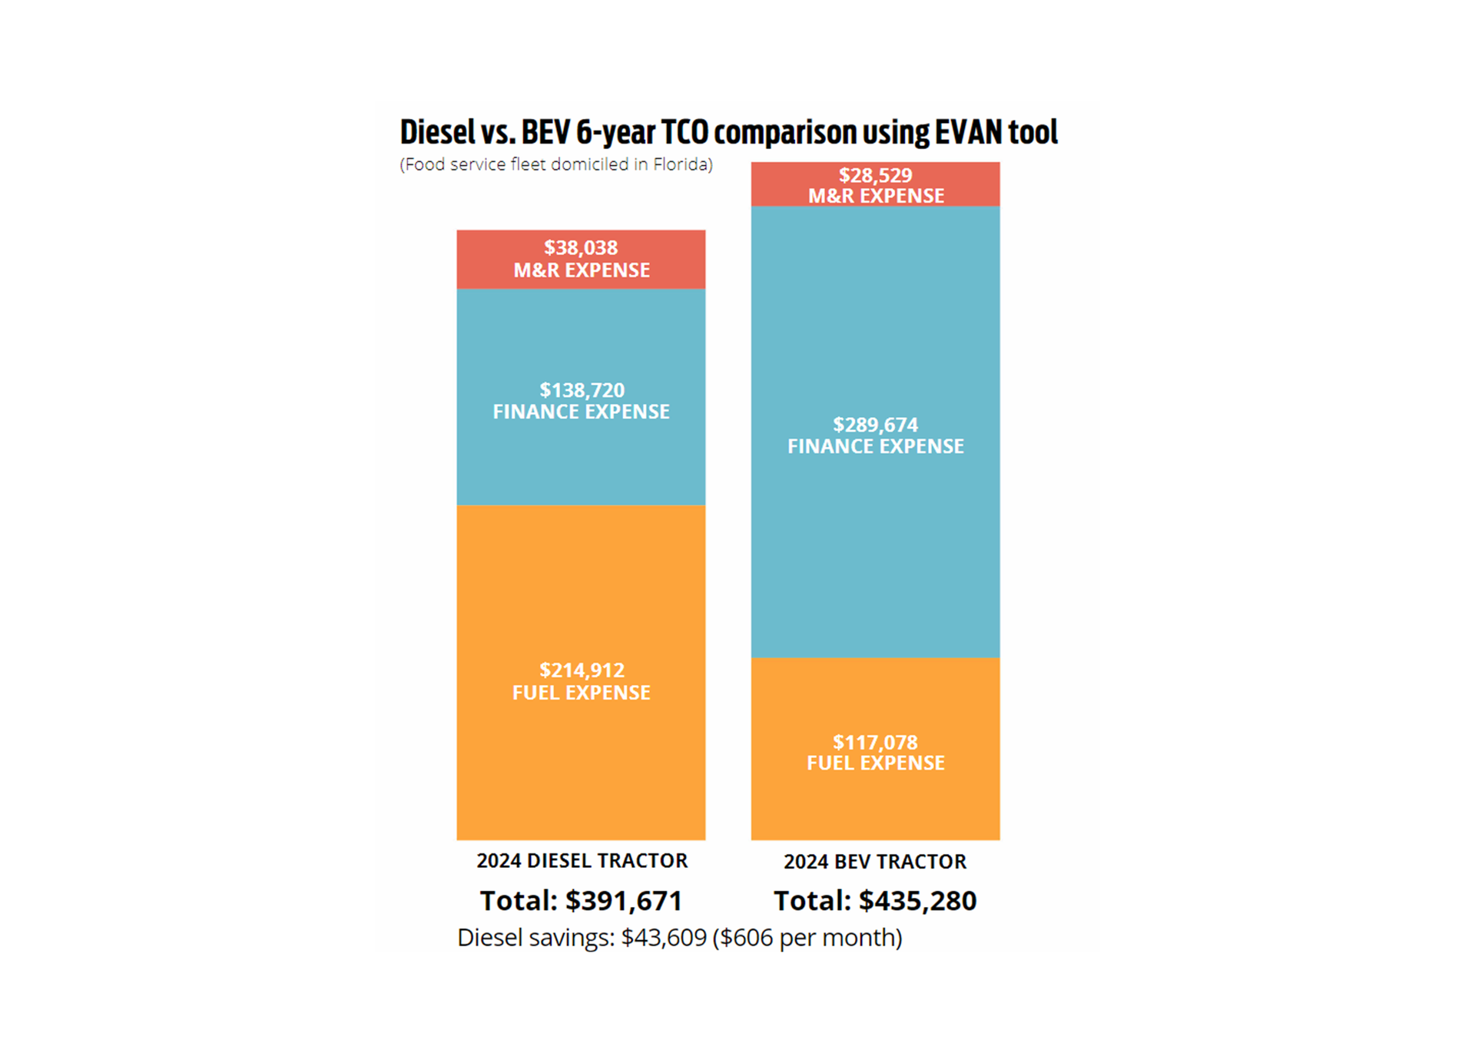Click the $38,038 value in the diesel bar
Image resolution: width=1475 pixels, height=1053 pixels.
point(581,248)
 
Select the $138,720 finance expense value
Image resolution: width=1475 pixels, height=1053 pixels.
point(582,390)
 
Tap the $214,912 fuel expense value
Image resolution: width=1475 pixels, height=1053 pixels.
point(582,671)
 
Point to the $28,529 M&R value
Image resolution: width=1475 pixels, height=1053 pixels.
point(875,175)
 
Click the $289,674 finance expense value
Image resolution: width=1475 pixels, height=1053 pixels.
point(875,425)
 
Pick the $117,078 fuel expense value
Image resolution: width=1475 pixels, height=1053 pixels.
point(875,743)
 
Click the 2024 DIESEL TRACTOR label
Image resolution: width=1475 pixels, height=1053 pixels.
point(582,861)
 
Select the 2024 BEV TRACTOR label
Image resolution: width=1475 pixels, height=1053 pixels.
point(875,862)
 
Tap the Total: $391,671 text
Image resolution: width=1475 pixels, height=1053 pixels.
point(581,901)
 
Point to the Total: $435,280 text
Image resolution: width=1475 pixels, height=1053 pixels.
point(875,901)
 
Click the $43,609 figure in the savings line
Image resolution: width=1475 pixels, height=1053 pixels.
point(664,938)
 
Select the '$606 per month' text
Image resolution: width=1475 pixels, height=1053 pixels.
point(807,938)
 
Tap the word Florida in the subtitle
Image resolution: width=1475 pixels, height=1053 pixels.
point(681,164)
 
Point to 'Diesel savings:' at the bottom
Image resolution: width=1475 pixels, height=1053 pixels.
point(535,938)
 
